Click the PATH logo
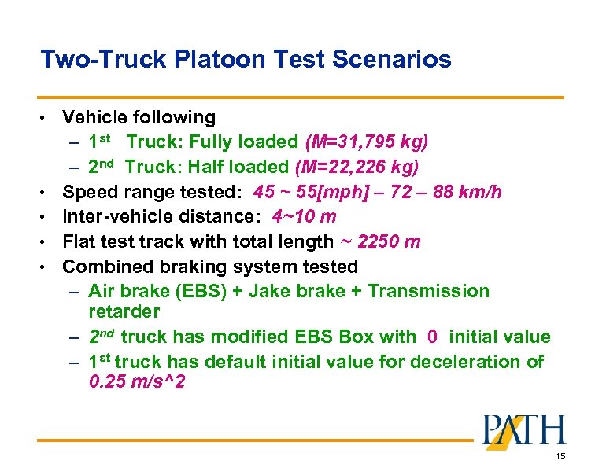pos(523,433)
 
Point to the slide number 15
pos(560,456)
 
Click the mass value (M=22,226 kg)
pos(357,167)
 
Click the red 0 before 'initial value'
pos(432,337)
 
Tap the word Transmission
pos(428,291)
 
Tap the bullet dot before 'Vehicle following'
pos(50,119)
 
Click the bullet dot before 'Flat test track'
pos(50,241)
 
